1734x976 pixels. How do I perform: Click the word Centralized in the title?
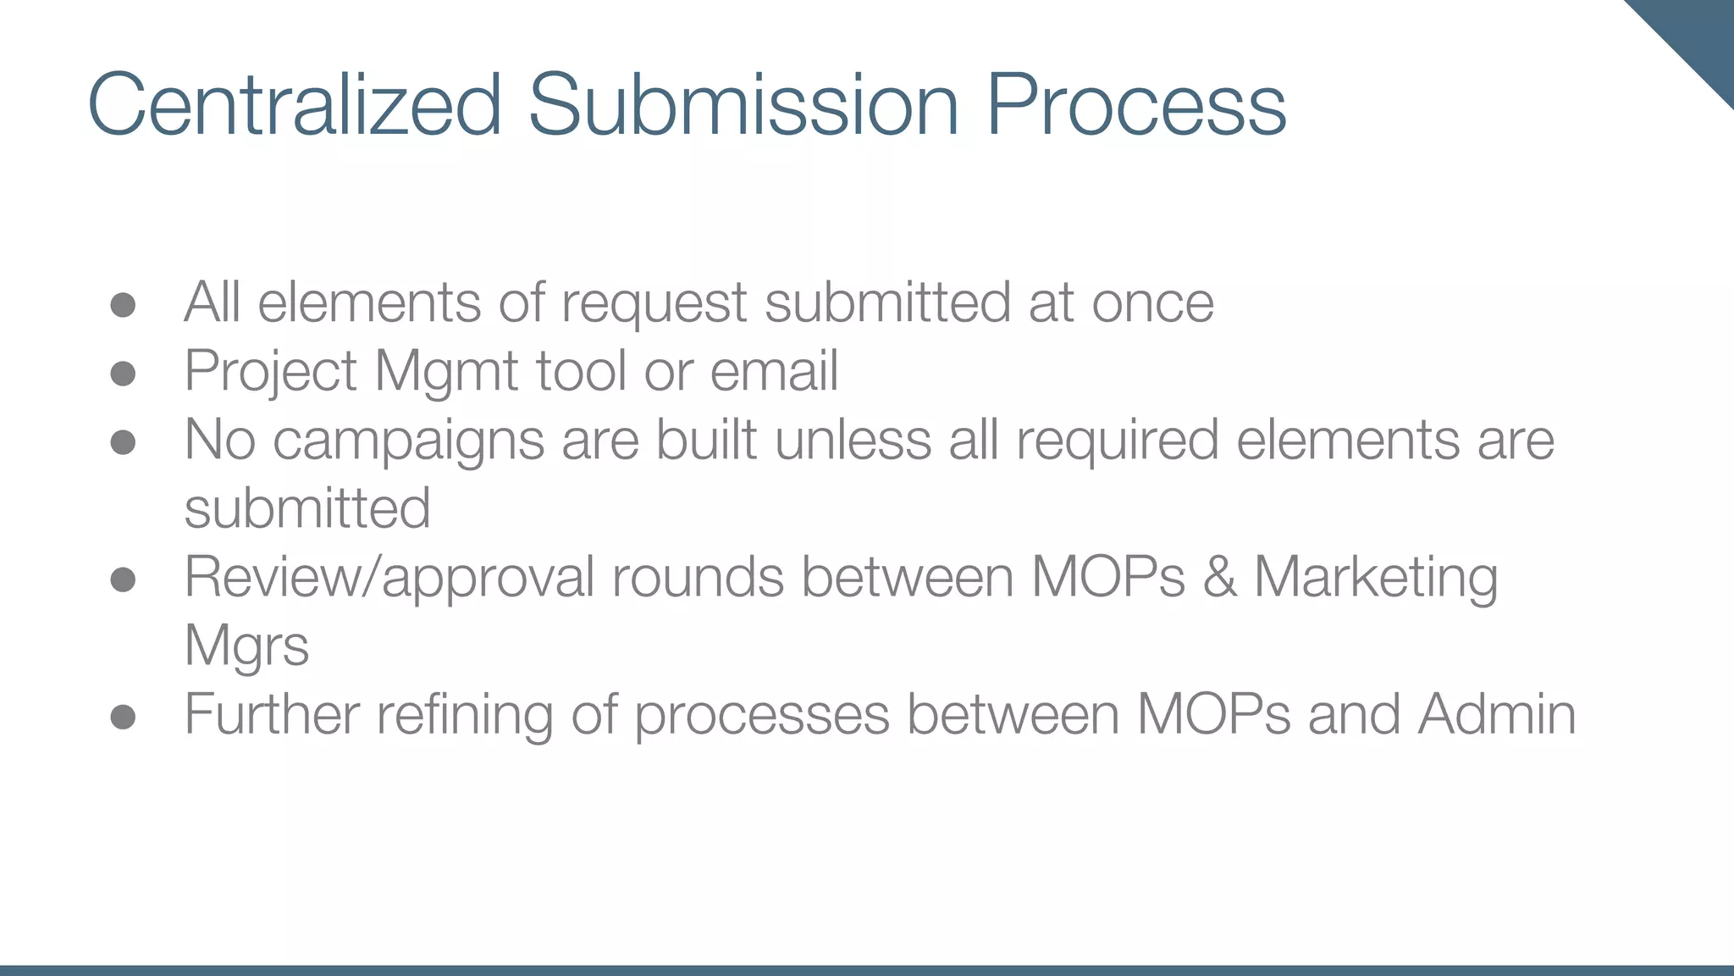pyautogui.click(x=295, y=105)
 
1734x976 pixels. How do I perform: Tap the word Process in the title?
pyautogui.click(x=1136, y=105)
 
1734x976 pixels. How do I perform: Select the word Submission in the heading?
pyautogui.click(x=743, y=105)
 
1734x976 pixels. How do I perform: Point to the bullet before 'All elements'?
pyautogui.click(x=124, y=305)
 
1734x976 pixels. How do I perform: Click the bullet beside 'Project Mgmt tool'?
pyautogui.click(x=124, y=374)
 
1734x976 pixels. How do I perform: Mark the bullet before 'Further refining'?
pyautogui.click(x=124, y=717)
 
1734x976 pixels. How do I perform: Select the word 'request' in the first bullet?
pyautogui.click(x=654, y=303)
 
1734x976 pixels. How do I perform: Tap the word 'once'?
pyautogui.click(x=1152, y=303)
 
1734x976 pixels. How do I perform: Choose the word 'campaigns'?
pyautogui.click(x=408, y=441)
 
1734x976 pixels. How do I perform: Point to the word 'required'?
pyautogui.click(x=1117, y=441)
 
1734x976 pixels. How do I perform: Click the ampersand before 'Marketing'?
pyautogui.click(x=1219, y=578)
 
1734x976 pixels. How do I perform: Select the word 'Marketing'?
pyautogui.click(x=1376, y=578)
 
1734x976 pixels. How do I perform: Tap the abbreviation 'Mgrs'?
pyautogui.click(x=246, y=646)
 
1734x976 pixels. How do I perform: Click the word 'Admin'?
pyautogui.click(x=1497, y=714)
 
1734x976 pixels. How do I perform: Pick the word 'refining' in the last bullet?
pyautogui.click(x=465, y=714)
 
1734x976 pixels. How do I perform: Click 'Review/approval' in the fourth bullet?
pyautogui.click(x=389, y=578)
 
